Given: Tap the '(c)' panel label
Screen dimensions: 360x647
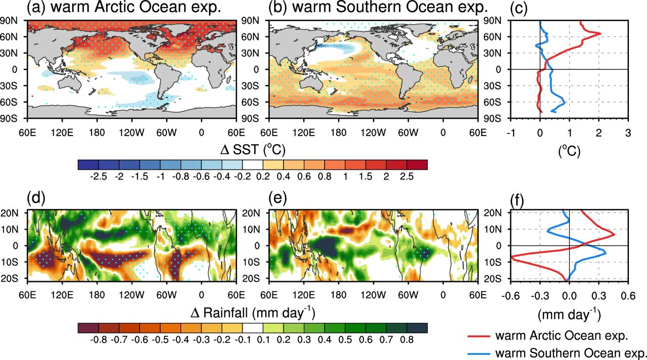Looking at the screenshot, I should pyautogui.click(x=515, y=8).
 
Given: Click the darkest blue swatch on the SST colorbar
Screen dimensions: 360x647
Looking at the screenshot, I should pyautogui.click(x=88, y=165).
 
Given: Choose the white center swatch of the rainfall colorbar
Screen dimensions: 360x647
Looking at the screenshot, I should pyautogui.click(x=252, y=328).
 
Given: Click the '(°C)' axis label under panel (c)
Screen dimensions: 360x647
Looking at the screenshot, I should pyautogui.click(x=569, y=150).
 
